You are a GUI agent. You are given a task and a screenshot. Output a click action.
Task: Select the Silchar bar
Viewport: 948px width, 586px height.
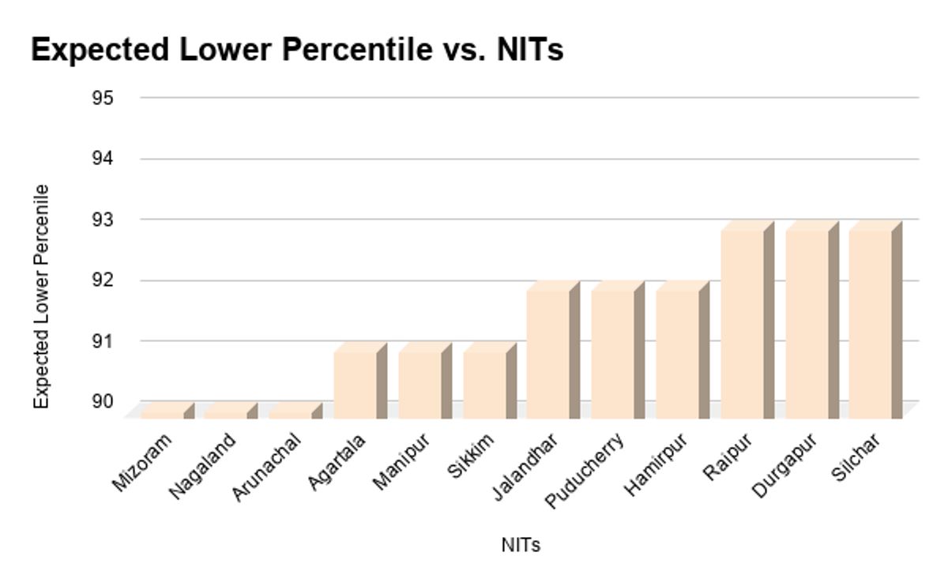pyautogui.click(x=870, y=324)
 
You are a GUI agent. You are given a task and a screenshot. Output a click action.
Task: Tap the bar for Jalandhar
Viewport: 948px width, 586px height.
pyautogui.click(x=548, y=354)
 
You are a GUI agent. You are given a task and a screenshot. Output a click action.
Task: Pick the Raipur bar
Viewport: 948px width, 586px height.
pyautogui.click(x=742, y=324)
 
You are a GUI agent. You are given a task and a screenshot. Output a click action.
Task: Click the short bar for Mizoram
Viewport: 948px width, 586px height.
pyautogui.click(x=163, y=411)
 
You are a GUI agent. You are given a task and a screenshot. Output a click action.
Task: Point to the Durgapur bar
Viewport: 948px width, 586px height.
pyautogui.click(x=807, y=324)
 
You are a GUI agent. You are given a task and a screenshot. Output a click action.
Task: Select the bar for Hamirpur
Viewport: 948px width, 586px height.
pyautogui.click(x=677, y=354)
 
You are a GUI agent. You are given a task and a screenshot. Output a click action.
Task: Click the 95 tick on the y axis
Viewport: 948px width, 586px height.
pyautogui.click(x=103, y=98)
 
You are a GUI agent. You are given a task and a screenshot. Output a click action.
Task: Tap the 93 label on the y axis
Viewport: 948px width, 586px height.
pyautogui.click(x=103, y=220)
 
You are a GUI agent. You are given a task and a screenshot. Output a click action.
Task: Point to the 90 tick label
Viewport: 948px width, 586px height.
pyautogui.click(x=103, y=402)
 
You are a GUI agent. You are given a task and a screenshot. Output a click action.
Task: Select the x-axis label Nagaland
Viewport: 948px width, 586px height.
pyautogui.click(x=203, y=467)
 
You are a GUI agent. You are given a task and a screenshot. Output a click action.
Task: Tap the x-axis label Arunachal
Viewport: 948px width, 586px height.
pyautogui.click(x=266, y=467)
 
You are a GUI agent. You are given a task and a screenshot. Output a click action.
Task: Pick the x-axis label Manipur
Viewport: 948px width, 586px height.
pyautogui.click(x=401, y=462)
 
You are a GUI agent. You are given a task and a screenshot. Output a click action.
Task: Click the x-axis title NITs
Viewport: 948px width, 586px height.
pyautogui.click(x=521, y=545)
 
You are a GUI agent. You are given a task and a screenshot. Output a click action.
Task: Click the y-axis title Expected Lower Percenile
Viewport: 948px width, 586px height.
pyautogui.click(x=42, y=296)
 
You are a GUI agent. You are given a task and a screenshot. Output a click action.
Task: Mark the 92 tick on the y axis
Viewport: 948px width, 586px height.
pyautogui.click(x=103, y=280)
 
